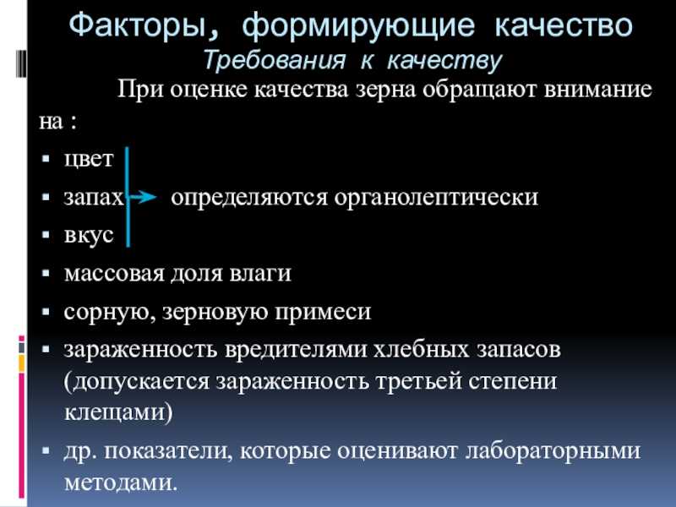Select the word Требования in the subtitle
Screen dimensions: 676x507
[274, 59]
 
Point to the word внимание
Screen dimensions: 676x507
[598, 90]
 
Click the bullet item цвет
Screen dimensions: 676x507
[89, 159]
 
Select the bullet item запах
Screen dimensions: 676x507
[94, 198]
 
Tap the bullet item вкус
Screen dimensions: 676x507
[89, 235]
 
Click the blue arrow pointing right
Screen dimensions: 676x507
[143, 198]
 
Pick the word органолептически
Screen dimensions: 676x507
[436, 198]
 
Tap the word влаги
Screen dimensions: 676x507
[260, 273]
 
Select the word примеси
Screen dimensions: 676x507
[323, 311]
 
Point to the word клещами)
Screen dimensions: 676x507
[118, 412]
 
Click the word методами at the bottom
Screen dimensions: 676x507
[121, 482]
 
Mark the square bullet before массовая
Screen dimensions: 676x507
[46, 273]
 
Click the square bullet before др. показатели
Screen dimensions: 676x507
[46, 451]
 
